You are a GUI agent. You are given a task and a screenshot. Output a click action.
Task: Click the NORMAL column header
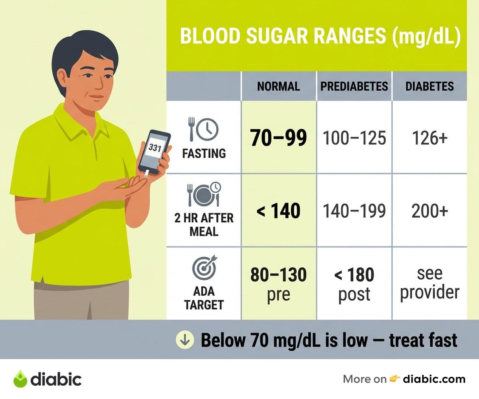[279, 86]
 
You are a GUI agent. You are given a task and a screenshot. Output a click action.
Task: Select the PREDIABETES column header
[354, 86]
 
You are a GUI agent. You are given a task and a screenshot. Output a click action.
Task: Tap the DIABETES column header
[430, 86]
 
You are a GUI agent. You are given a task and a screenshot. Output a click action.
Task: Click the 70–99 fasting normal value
[279, 138]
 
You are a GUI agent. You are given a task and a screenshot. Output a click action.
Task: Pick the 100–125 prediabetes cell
[354, 138]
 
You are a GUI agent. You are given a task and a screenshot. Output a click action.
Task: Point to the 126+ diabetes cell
[430, 138]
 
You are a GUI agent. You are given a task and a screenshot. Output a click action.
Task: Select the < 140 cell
[278, 211]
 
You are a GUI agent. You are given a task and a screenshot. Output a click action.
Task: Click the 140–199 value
[354, 211]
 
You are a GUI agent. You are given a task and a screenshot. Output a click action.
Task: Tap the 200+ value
[430, 211]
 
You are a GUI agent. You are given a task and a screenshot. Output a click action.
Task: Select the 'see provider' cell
[430, 283]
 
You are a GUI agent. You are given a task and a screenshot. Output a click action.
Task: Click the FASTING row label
[204, 153]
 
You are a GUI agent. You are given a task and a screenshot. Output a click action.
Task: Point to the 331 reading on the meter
[155, 148]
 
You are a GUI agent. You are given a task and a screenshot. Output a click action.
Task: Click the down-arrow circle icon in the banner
[185, 340]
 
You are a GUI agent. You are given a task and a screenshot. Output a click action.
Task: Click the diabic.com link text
[434, 379]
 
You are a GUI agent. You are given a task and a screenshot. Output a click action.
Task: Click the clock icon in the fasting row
[208, 129]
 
